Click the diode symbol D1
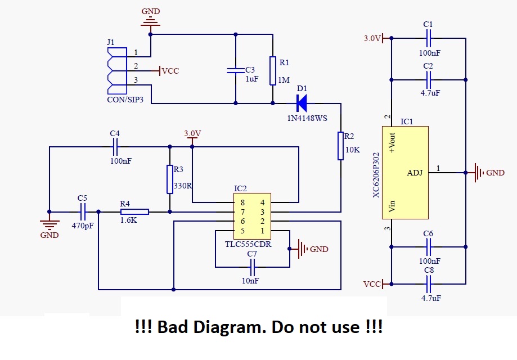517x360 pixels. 302,103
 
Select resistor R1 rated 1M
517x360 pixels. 273,70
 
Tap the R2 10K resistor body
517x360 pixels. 340,146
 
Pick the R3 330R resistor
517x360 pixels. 169,179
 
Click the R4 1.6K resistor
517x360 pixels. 134,211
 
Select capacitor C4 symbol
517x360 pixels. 115,147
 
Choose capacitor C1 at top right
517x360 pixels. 428,38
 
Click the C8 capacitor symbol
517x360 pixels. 429,284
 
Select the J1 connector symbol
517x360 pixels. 116,71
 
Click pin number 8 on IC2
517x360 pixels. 242,202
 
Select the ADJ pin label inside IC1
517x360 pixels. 415,173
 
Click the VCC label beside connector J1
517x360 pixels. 170,71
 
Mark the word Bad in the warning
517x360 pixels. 172,327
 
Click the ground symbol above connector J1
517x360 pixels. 150,20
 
